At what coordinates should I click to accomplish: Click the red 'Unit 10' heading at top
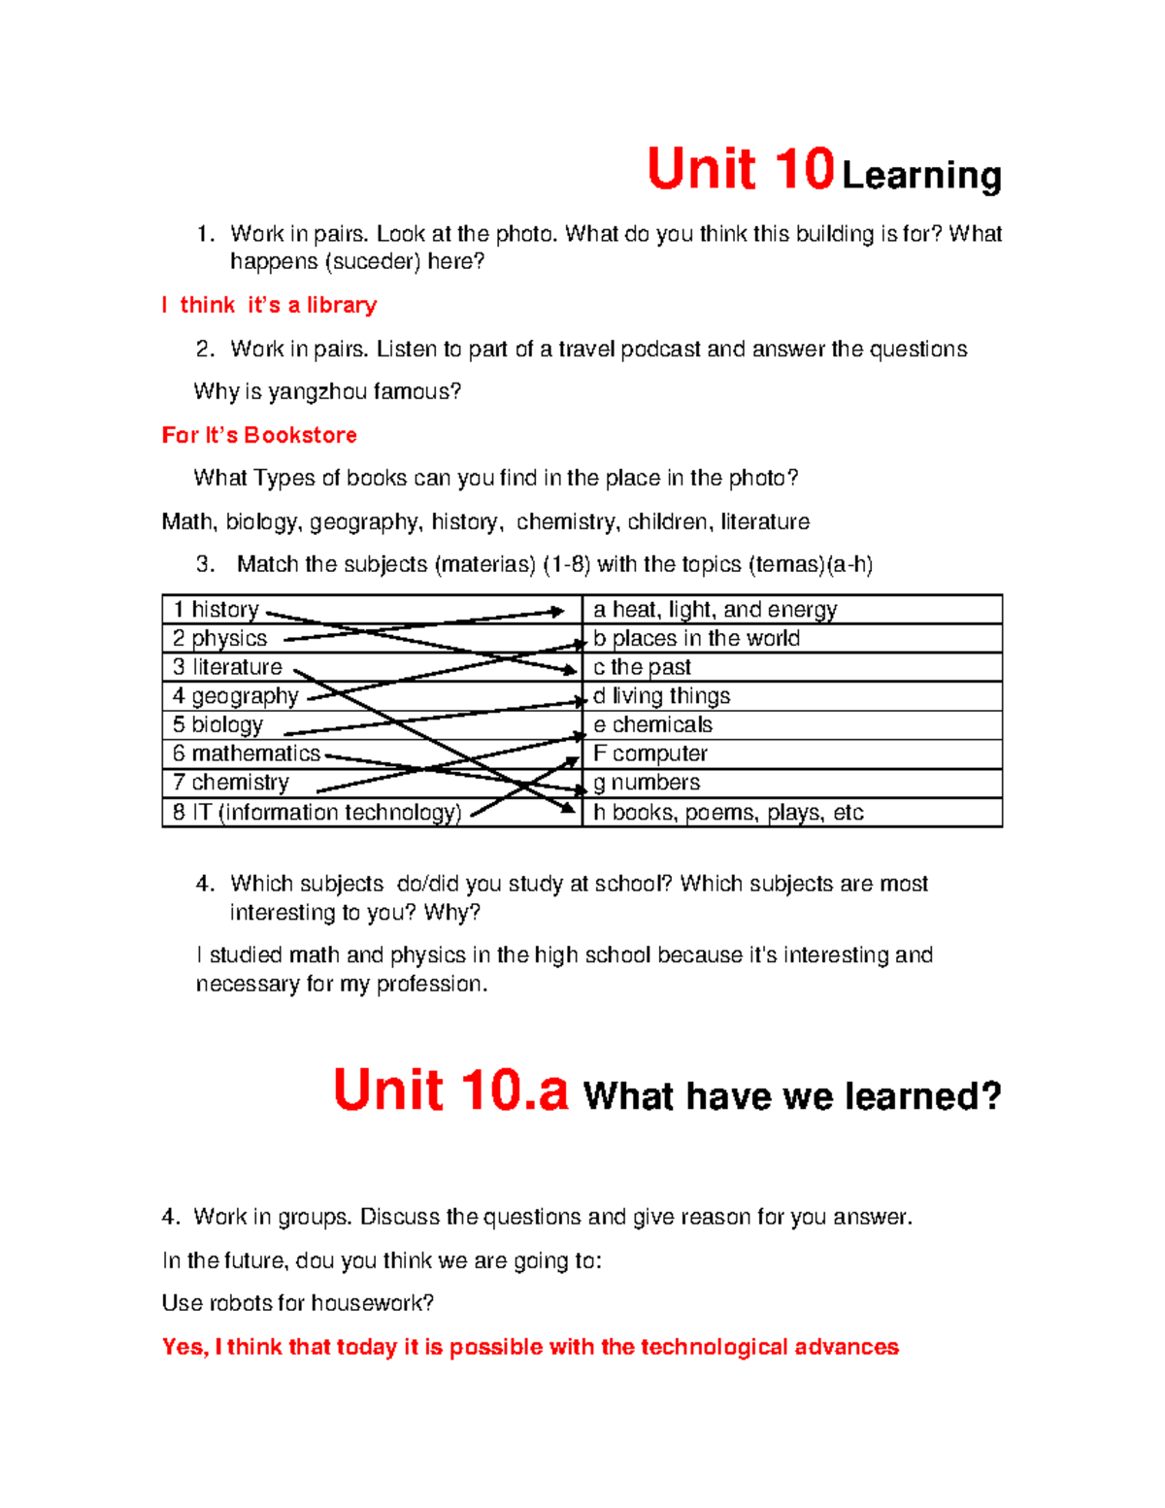740,169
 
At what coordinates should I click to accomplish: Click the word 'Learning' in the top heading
921,176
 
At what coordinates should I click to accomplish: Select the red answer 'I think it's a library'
269,305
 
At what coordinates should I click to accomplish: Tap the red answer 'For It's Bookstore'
259,435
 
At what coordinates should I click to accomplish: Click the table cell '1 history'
216,610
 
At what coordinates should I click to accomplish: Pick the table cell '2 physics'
219,638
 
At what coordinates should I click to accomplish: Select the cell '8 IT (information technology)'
316,813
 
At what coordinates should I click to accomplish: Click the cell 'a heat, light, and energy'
715,610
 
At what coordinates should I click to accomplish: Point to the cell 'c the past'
642,667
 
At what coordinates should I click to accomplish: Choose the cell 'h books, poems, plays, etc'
728,813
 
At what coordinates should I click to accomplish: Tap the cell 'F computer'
650,754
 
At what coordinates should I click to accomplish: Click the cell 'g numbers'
647,783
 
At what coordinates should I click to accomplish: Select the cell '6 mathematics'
247,754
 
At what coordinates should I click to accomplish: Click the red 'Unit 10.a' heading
450,1090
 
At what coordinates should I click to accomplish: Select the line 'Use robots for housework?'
297,1303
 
